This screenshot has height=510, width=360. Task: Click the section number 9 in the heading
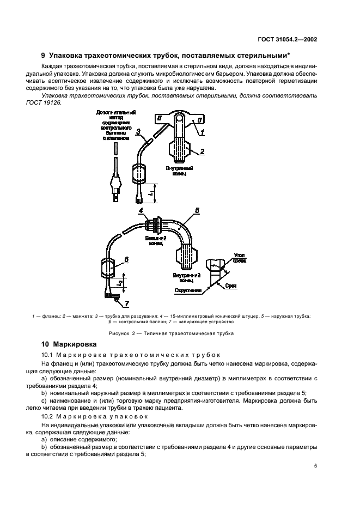click(44, 55)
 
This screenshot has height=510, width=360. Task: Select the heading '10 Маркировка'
click(69, 344)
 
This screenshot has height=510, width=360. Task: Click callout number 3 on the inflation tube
click(138, 131)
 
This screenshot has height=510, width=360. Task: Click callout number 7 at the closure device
click(127, 302)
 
